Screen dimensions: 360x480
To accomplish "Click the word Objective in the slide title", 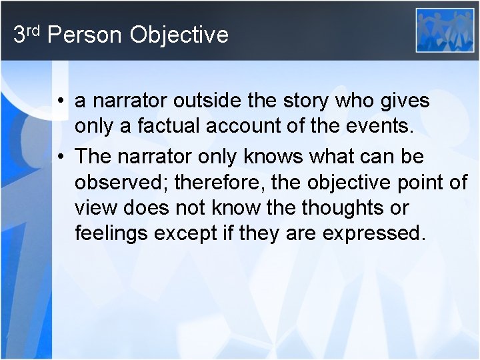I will pos(179,35).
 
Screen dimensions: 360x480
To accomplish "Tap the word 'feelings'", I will pos(111,234).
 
